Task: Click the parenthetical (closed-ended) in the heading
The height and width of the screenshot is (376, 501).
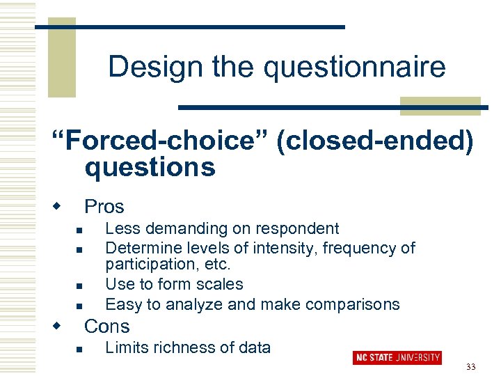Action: [375, 141]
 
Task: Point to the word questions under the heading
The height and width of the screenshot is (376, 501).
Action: [150, 168]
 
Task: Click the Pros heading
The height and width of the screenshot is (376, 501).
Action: [104, 207]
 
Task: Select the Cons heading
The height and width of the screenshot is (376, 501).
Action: [106, 326]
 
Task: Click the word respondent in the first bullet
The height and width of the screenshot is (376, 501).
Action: [297, 228]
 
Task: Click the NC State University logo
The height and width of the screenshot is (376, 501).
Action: [397, 357]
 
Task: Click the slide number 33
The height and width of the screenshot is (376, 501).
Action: [470, 367]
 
